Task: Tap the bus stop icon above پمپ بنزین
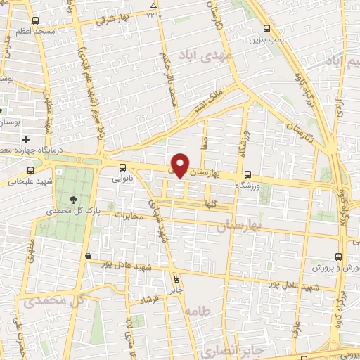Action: (266, 29)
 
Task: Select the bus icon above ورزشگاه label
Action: (247, 175)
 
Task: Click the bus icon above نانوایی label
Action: (123, 167)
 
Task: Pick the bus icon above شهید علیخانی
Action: (30, 170)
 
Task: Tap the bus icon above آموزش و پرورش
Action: (339, 257)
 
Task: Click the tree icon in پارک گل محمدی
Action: (74, 200)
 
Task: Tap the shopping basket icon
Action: (87, 257)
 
